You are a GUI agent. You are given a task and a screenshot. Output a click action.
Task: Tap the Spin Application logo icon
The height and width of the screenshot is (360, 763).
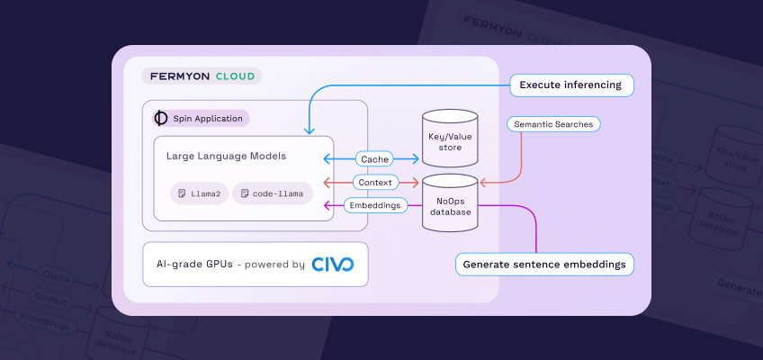click(161, 118)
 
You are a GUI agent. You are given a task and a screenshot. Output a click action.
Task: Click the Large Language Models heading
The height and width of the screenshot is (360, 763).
click(226, 156)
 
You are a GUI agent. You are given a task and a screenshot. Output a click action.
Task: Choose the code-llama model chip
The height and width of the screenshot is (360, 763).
click(274, 193)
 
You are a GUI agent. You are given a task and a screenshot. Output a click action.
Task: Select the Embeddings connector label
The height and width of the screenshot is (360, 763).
click(375, 205)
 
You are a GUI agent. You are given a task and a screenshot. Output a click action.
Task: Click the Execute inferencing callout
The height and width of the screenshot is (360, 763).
click(571, 85)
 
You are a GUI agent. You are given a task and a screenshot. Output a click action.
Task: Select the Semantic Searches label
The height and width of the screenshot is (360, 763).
click(553, 122)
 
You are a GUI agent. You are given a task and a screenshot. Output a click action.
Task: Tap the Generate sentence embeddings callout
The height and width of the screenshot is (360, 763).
click(544, 265)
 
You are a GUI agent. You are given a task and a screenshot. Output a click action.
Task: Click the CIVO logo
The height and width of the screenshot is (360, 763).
click(333, 265)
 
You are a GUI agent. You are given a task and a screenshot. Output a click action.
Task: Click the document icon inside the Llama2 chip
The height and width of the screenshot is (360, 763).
click(182, 193)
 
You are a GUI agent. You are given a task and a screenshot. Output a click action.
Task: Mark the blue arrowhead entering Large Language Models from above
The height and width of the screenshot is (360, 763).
click(310, 131)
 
